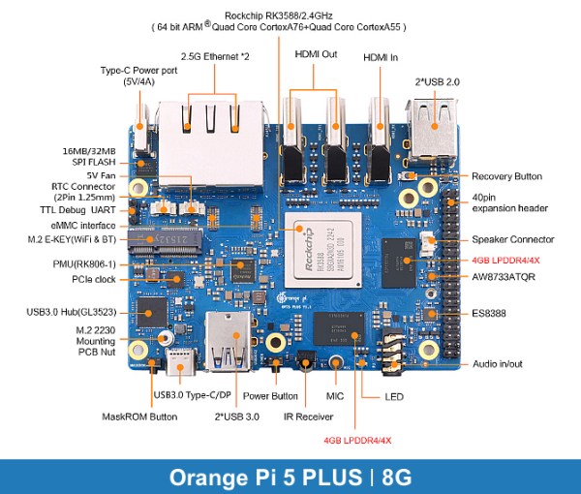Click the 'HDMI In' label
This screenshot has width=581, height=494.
(381, 58)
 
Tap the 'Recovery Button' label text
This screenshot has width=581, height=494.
(506, 176)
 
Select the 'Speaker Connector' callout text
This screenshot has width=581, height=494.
(512, 239)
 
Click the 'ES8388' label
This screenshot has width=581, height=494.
(490, 313)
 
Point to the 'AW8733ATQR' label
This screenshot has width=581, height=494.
(504, 276)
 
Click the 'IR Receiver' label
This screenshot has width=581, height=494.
(307, 417)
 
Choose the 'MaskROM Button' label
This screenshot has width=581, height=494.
(139, 417)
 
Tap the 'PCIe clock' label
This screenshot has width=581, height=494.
(95, 280)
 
